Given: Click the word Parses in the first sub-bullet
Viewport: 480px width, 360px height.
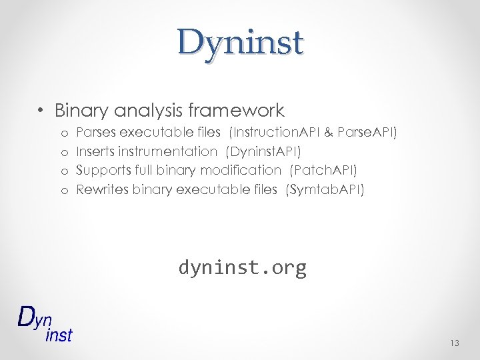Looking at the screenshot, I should (x=96, y=133).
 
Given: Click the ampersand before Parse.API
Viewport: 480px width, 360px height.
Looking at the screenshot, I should (x=329, y=133).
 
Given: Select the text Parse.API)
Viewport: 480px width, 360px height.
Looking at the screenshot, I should (x=367, y=133).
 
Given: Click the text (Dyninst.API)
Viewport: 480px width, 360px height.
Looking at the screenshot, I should (x=264, y=151).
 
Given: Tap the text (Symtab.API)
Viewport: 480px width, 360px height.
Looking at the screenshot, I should (x=325, y=189).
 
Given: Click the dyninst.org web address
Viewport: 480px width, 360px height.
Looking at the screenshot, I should (x=242, y=267).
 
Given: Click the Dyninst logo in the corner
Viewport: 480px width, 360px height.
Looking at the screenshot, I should (x=44, y=323).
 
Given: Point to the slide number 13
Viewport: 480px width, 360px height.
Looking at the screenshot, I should (x=455, y=343).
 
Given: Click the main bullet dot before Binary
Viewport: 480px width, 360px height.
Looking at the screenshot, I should (x=41, y=111).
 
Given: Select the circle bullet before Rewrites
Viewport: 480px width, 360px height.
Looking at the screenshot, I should (x=65, y=190).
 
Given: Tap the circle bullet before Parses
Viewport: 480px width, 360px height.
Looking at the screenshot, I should (x=65, y=133).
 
